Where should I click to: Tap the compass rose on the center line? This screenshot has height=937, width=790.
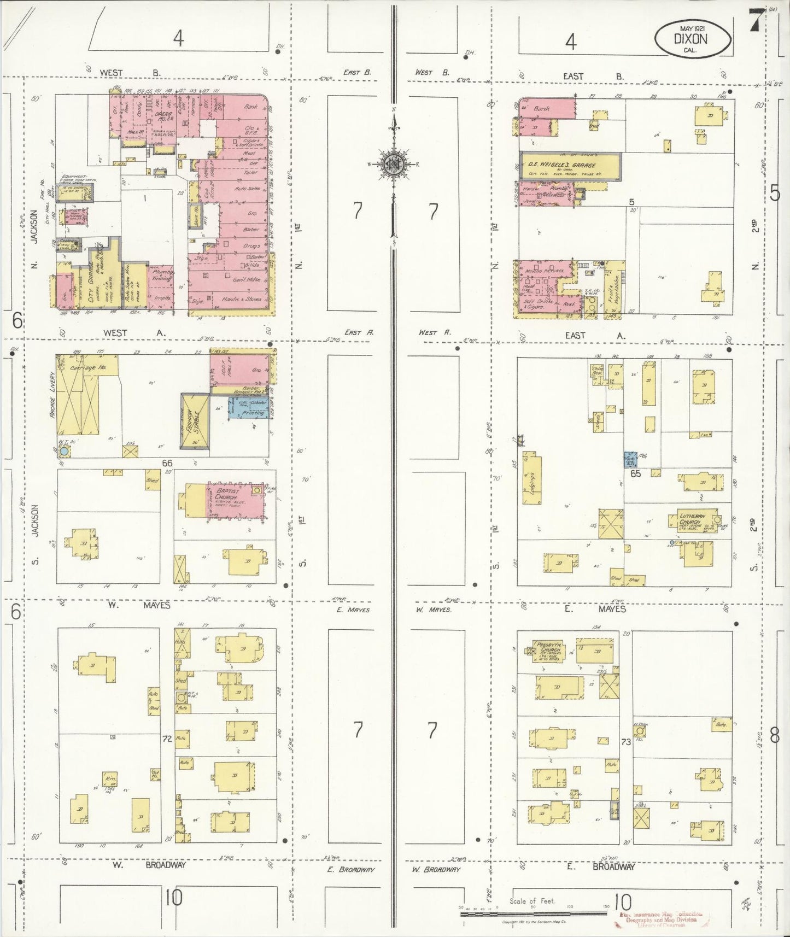[393, 163]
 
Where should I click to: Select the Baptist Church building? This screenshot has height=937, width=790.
[235, 500]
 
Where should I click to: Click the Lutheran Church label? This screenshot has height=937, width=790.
[692, 518]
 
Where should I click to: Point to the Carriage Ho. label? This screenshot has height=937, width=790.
[87, 367]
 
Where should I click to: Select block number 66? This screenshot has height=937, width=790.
[167, 463]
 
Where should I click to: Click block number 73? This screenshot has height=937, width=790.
[626, 742]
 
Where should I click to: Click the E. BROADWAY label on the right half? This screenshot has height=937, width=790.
[613, 866]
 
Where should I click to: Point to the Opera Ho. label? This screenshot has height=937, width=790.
[163, 116]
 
